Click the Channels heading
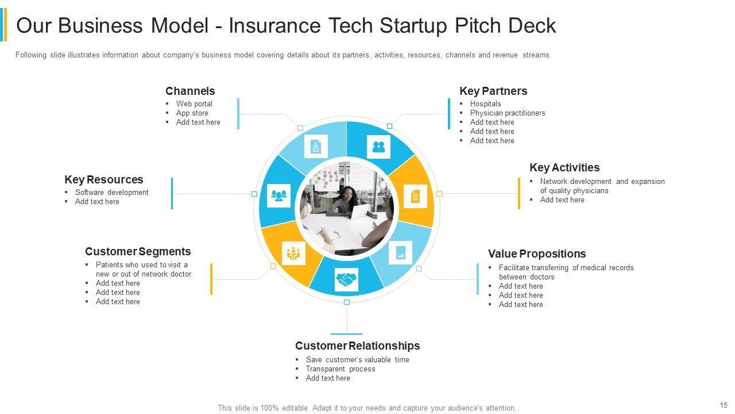[190, 91]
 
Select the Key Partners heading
[493, 91]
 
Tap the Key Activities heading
[564, 167]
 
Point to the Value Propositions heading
[537, 254]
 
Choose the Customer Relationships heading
[357, 346]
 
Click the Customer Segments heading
[138, 251]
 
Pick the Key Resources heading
[104, 179]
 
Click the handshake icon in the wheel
[346, 280]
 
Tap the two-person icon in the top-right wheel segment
[378, 147]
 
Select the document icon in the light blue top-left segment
[316, 147]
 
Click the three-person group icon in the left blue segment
[279, 195]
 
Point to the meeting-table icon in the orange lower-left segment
[293, 252]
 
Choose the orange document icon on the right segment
[415, 196]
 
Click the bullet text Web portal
[194, 104]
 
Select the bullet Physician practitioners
[508, 113]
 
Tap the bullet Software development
[112, 193]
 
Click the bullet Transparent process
[341, 369]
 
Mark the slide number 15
[723, 405]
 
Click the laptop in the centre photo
[360, 212]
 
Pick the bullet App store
[192, 113]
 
